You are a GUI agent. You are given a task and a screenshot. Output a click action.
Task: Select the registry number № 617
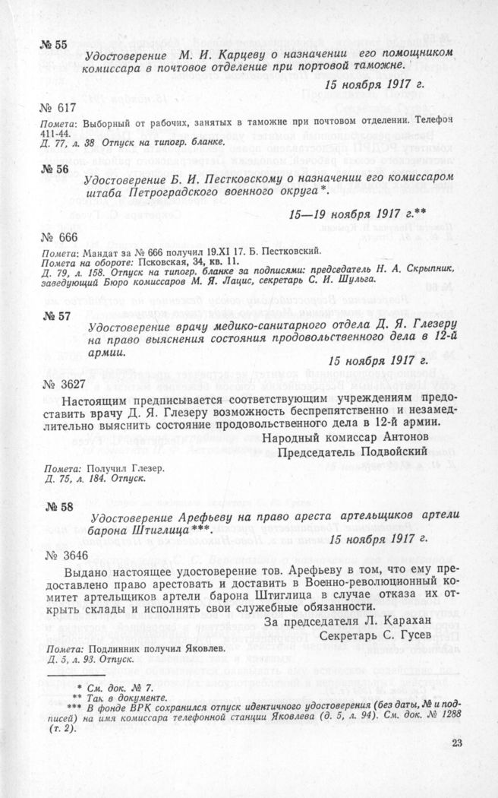click(58, 107)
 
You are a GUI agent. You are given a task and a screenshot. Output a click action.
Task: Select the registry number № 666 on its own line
click(58, 237)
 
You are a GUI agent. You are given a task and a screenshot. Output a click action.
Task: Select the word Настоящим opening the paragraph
click(94, 399)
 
